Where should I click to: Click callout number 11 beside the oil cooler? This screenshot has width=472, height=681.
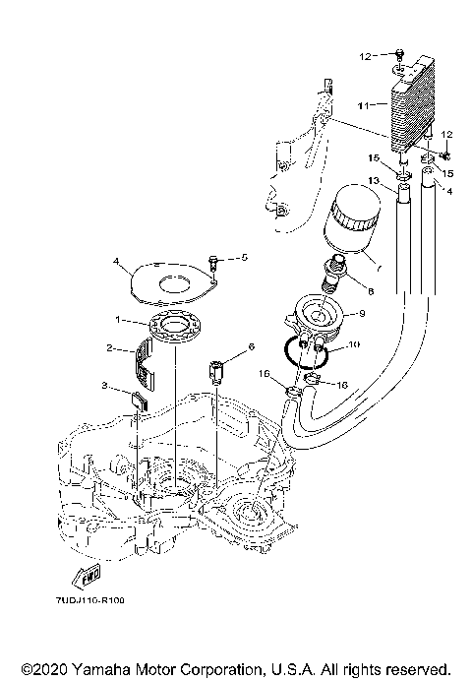point(361,102)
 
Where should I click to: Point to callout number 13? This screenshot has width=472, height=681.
point(373,179)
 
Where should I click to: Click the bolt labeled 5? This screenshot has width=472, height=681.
point(213,261)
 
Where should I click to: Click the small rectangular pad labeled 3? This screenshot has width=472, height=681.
point(139,400)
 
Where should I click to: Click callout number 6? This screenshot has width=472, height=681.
point(251,346)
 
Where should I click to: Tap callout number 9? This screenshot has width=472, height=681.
point(362,314)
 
